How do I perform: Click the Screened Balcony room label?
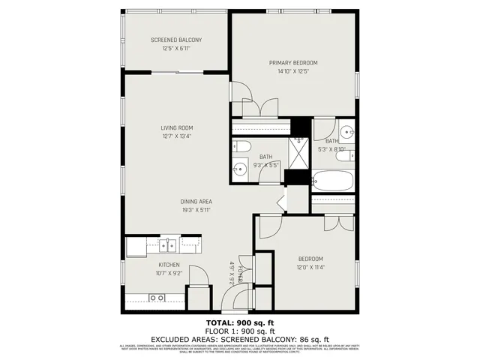click(x=176, y=40)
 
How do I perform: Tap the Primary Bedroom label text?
click(x=294, y=62)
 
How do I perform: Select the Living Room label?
click(x=176, y=127)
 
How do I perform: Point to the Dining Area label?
click(x=196, y=201)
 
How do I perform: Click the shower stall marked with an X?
click(x=298, y=153)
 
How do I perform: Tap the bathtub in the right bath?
click(x=330, y=181)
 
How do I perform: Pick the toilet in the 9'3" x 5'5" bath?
click(x=242, y=145)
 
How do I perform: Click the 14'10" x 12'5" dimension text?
click(x=294, y=72)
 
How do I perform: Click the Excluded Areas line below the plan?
click(x=239, y=338)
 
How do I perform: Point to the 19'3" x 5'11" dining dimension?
click(x=196, y=211)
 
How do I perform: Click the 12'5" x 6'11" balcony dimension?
click(x=176, y=49)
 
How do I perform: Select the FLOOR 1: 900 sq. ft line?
click(x=239, y=331)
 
